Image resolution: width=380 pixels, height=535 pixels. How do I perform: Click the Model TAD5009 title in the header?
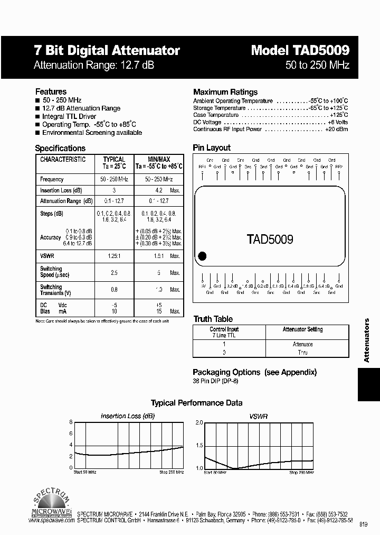click(x=299, y=50)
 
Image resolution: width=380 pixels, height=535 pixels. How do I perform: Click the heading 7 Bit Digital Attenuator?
click(x=107, y=51)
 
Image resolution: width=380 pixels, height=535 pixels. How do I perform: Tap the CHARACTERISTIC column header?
click(x=63, y=160)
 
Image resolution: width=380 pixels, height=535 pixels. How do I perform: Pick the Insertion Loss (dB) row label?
click(x=61, y=190)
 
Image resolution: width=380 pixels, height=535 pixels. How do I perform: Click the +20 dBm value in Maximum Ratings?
click(x=336, y=129)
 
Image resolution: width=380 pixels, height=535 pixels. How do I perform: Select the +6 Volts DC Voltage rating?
click(x=336, y=122)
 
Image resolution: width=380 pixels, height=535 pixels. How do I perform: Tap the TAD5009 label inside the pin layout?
click(x=270, y=239)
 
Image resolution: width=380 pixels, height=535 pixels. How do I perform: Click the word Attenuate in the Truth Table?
click(x=302, y=344)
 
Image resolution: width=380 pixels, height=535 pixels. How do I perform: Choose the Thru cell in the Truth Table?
click(x=302, y=352)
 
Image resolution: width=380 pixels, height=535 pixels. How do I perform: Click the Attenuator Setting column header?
click(x=302, y=329)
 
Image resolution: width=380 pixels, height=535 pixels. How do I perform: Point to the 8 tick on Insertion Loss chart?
click(x=71, y=422)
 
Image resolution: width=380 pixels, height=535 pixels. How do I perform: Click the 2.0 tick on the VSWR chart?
click(x=199, y=423)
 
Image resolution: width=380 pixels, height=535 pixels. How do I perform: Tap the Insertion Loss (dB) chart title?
click(x=128, y=416)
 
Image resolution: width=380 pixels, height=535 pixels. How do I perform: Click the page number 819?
click(x=364, y=524)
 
